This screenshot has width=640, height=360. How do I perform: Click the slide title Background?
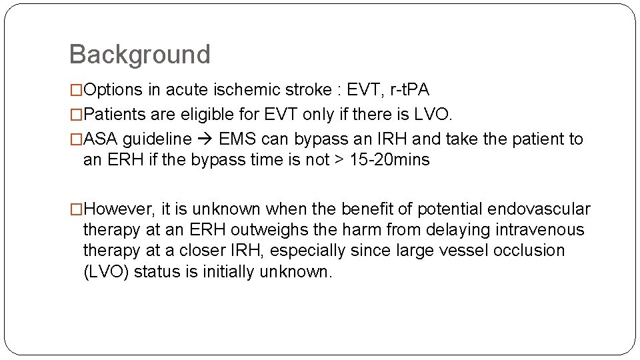pos(139,54)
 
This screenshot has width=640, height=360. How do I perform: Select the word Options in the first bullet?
pos(111,90)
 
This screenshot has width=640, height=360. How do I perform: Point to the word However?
pos(119,209)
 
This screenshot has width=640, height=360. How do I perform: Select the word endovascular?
pos(539,209)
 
